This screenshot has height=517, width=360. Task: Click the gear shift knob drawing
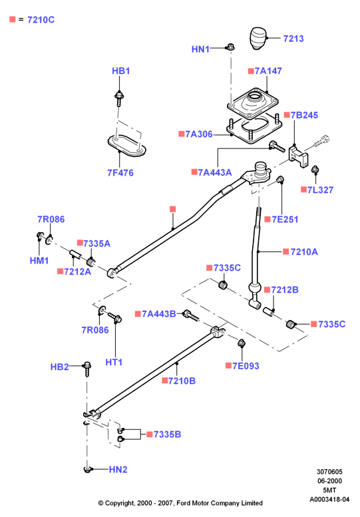[x=258, y=38]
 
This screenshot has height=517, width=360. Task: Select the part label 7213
[x=293, y=39]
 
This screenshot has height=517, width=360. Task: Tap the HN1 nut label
[x=200, y=49]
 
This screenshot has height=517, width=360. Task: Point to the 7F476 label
[x=120, y=173]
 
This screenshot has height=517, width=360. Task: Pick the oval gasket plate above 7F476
[x=127, y=145]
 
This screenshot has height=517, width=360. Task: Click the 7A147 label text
[x=268, y=71]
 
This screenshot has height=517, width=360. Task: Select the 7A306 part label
[x=199, y=134]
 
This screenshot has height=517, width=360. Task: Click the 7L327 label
[x=320, y=190]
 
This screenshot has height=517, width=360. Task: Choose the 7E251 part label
[x=285, y=220]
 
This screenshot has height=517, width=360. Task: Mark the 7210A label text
[x=304, y=252]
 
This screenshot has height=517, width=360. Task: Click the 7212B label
[x=285, y=290]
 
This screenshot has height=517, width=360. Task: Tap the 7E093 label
[x=246, y=366]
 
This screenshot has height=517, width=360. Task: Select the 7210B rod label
[x=182, y=381]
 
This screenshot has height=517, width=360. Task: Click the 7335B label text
[x=167, y=434]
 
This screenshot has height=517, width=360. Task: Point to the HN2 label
[x=118, y=469]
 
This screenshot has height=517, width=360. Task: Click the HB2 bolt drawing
[x=87, y=369]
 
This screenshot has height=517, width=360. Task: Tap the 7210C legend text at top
[x=41, y=20]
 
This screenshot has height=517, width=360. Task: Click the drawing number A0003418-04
[x=329, y=499]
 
